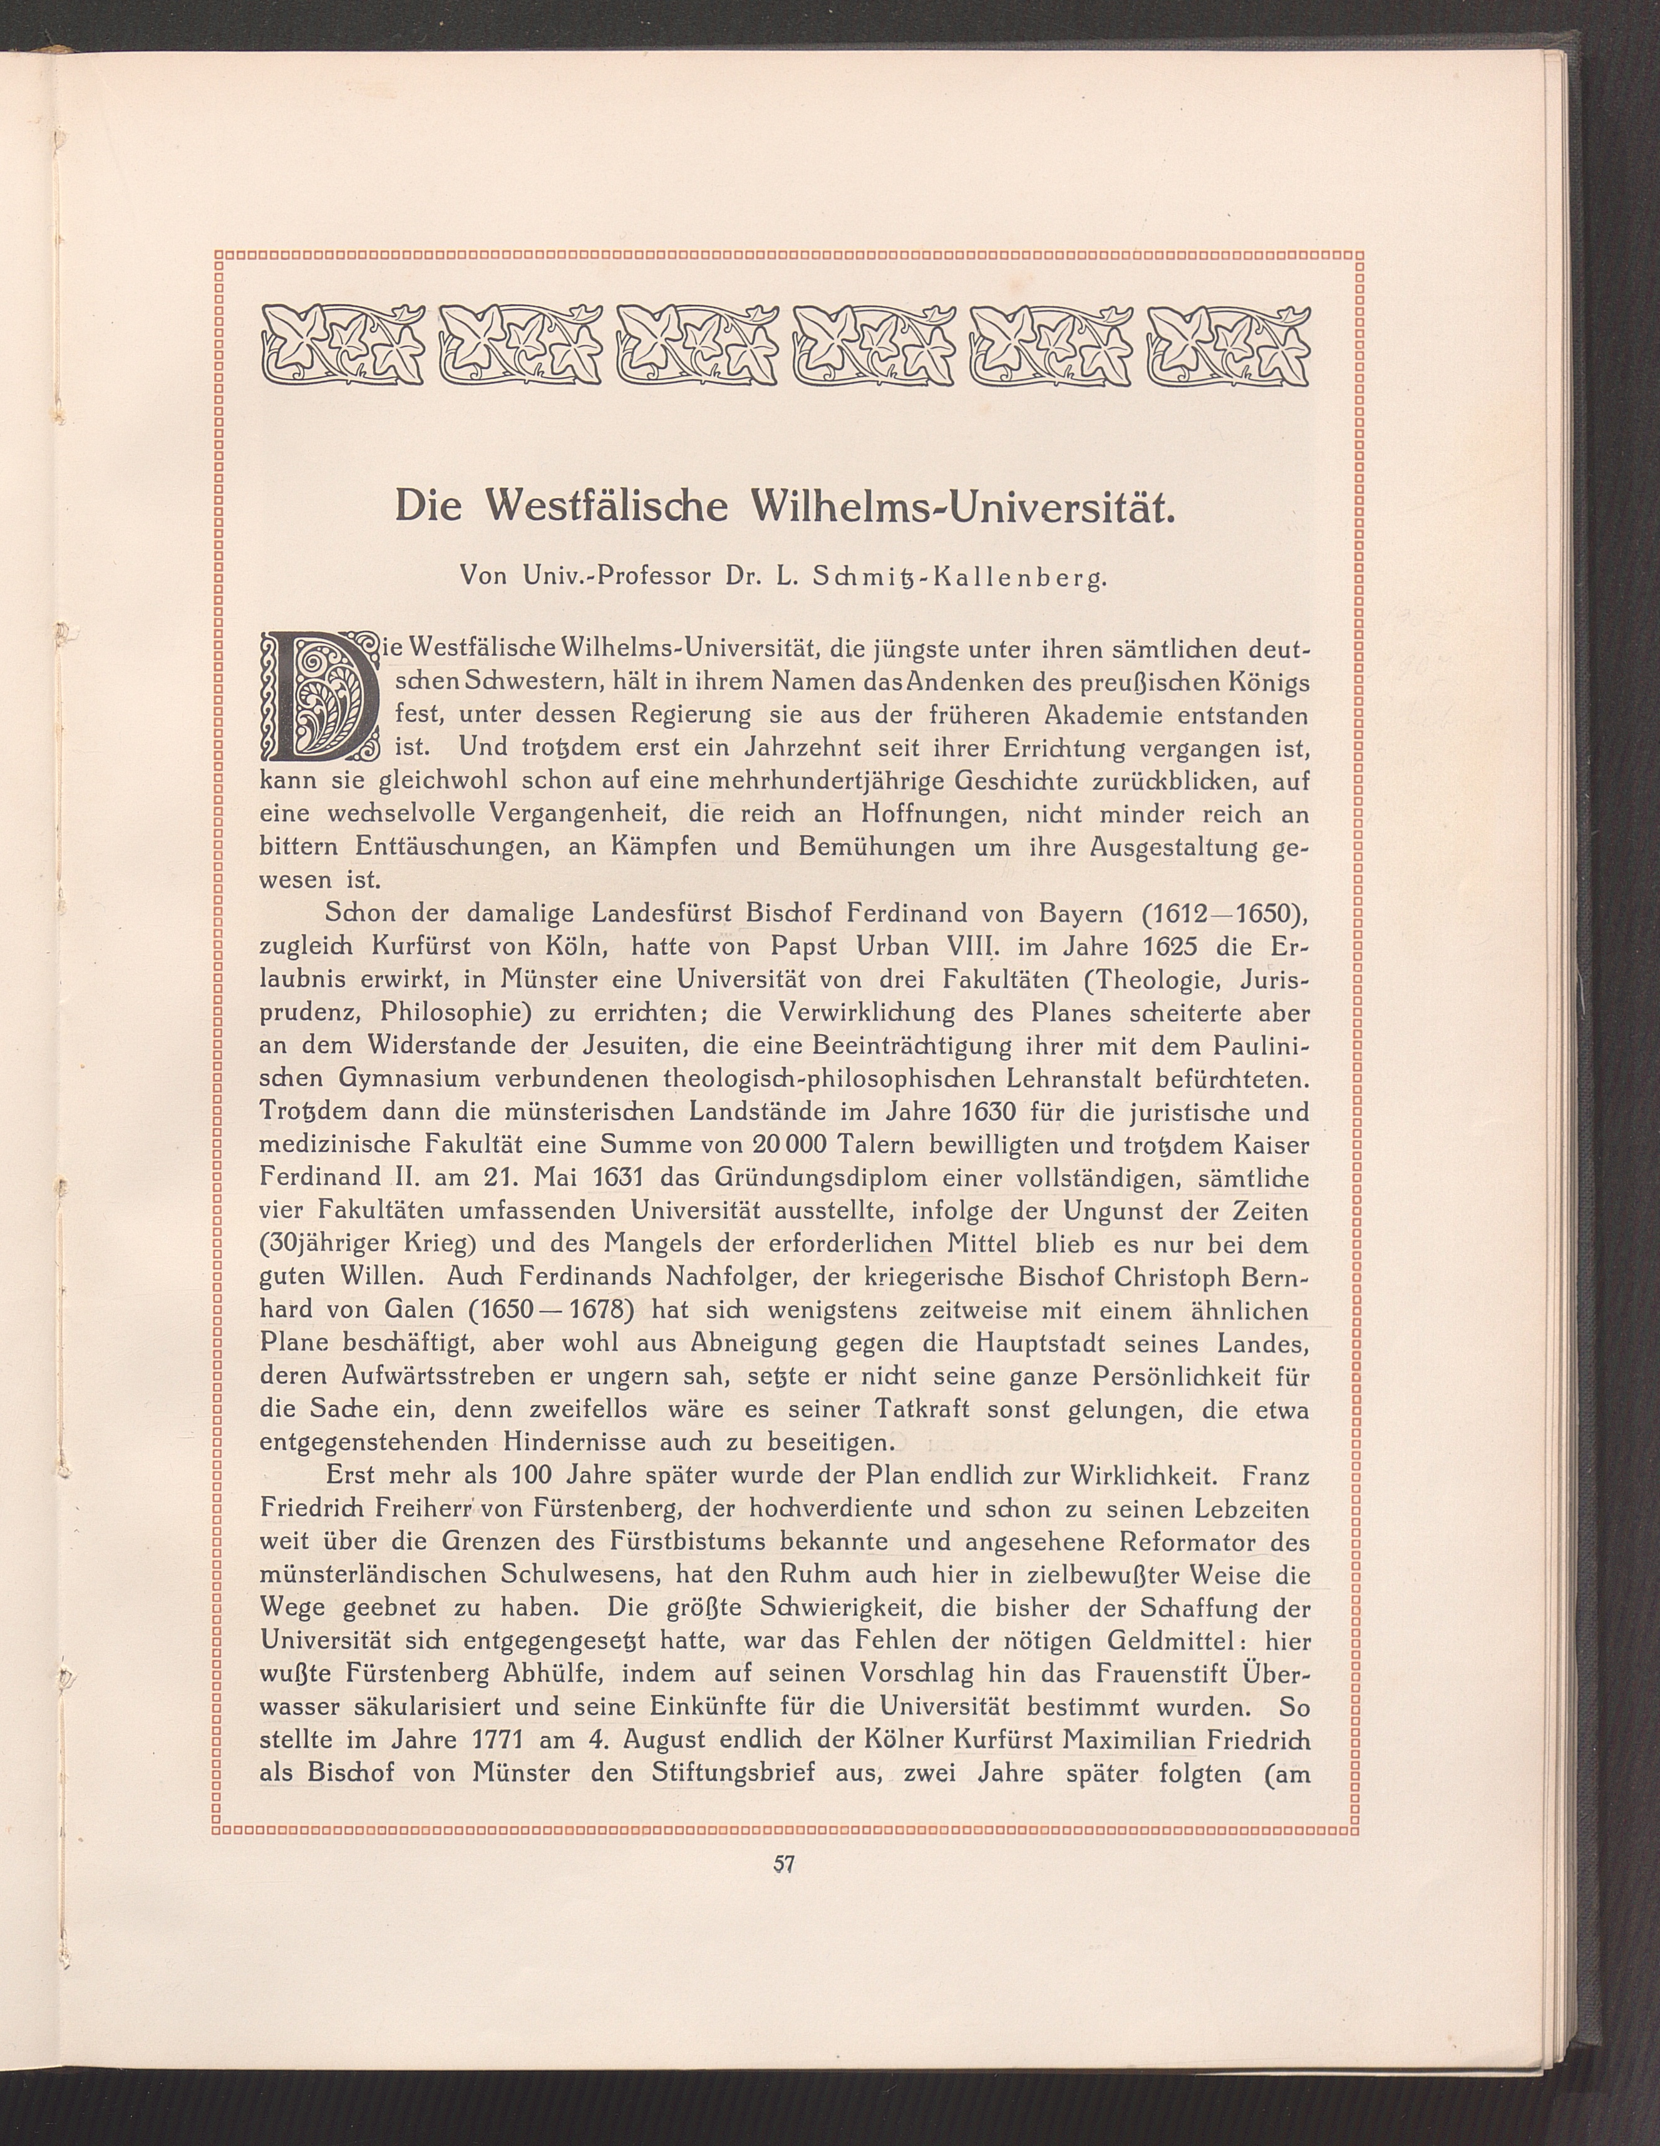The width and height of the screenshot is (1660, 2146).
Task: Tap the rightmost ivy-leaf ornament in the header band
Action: [1230, 346]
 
